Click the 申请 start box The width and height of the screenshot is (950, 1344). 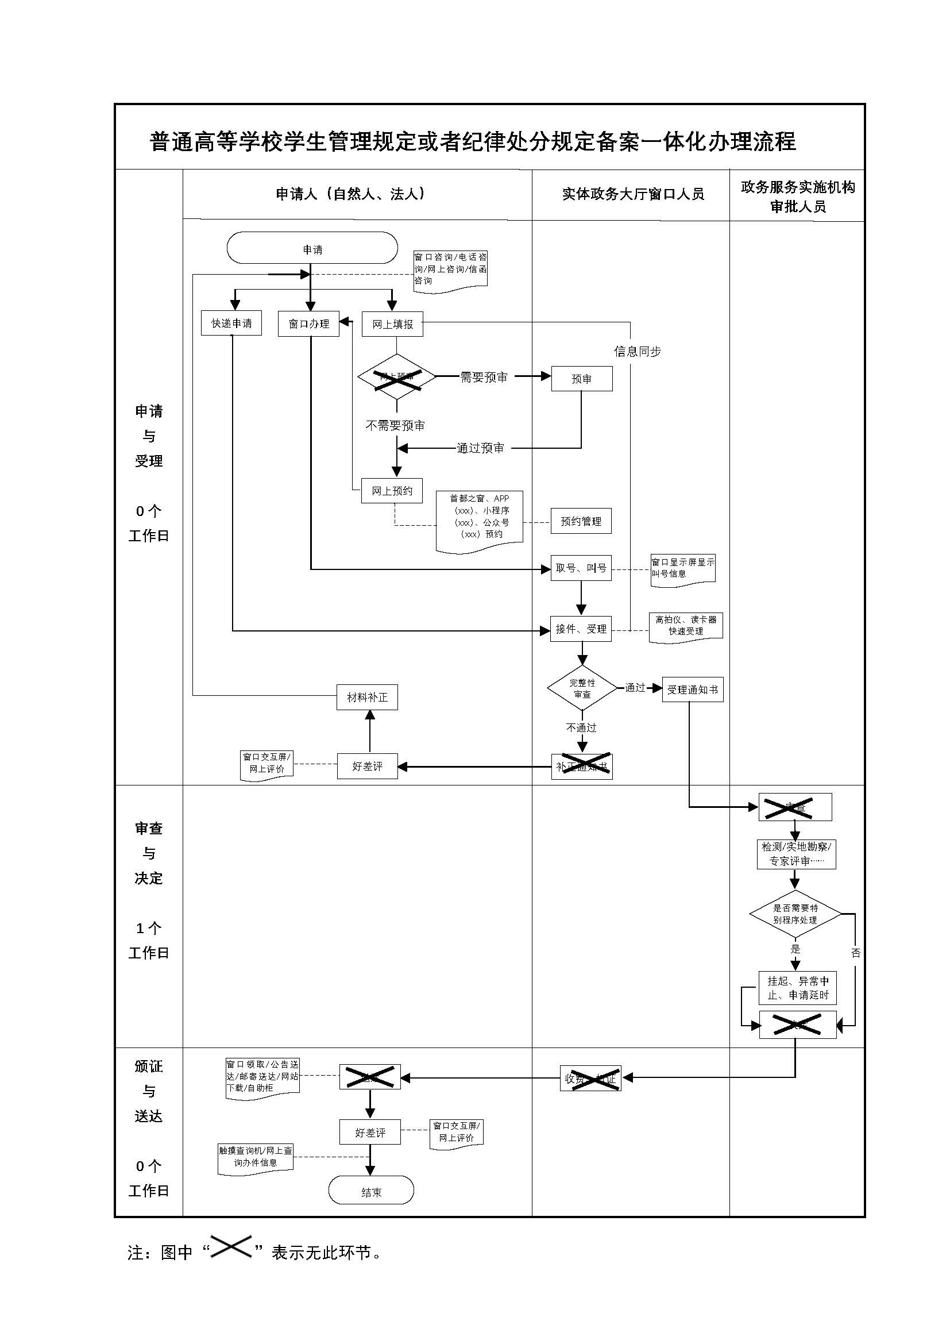tap(312, 248)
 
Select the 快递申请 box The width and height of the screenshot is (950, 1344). tap(231, 323)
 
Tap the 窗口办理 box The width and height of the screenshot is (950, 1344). tap(308, 324)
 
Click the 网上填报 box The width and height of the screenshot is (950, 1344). tap(392, 324)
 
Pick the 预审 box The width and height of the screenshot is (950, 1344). tap(581, 379)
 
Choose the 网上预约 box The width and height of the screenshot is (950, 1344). tap(391, 491)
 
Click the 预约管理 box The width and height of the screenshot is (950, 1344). tap(580, 521)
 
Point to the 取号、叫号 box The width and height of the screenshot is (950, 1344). tap(580, 568)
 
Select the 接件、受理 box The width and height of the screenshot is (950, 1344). tap(580, 629)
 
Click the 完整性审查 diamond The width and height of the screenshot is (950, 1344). tap(581, 688)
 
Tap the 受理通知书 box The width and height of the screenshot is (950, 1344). tap(692, 690)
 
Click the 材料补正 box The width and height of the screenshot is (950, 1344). tap(367, 697)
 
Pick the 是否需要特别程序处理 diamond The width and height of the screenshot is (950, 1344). tap(794, 914)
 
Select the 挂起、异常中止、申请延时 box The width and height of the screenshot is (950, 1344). tap(797, 988)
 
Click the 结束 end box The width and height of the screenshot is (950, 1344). tap(371, 1192)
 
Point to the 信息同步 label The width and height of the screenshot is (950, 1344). tap(637, 351)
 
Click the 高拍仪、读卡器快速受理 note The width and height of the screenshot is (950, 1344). tap(686, 626)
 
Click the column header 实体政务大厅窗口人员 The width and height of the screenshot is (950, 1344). tap(632, 194)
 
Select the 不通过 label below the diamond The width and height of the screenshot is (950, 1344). tap(581, 727)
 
